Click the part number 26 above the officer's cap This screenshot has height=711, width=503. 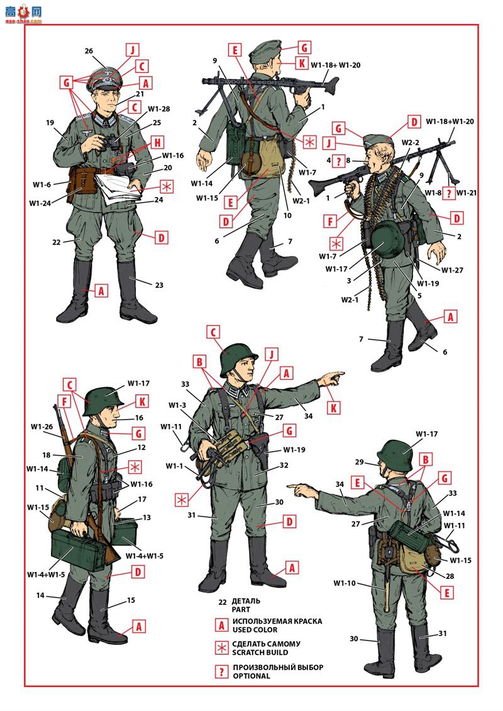[x=89, y=50]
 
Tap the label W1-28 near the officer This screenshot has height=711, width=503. [x=159, y=109]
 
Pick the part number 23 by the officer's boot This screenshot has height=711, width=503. [x=159, y=285]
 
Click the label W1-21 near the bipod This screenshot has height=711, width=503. [x=468, y=193]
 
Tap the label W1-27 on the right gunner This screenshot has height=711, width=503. [x=451, y=270]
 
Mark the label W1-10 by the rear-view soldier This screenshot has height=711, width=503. [x=345, y=583]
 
